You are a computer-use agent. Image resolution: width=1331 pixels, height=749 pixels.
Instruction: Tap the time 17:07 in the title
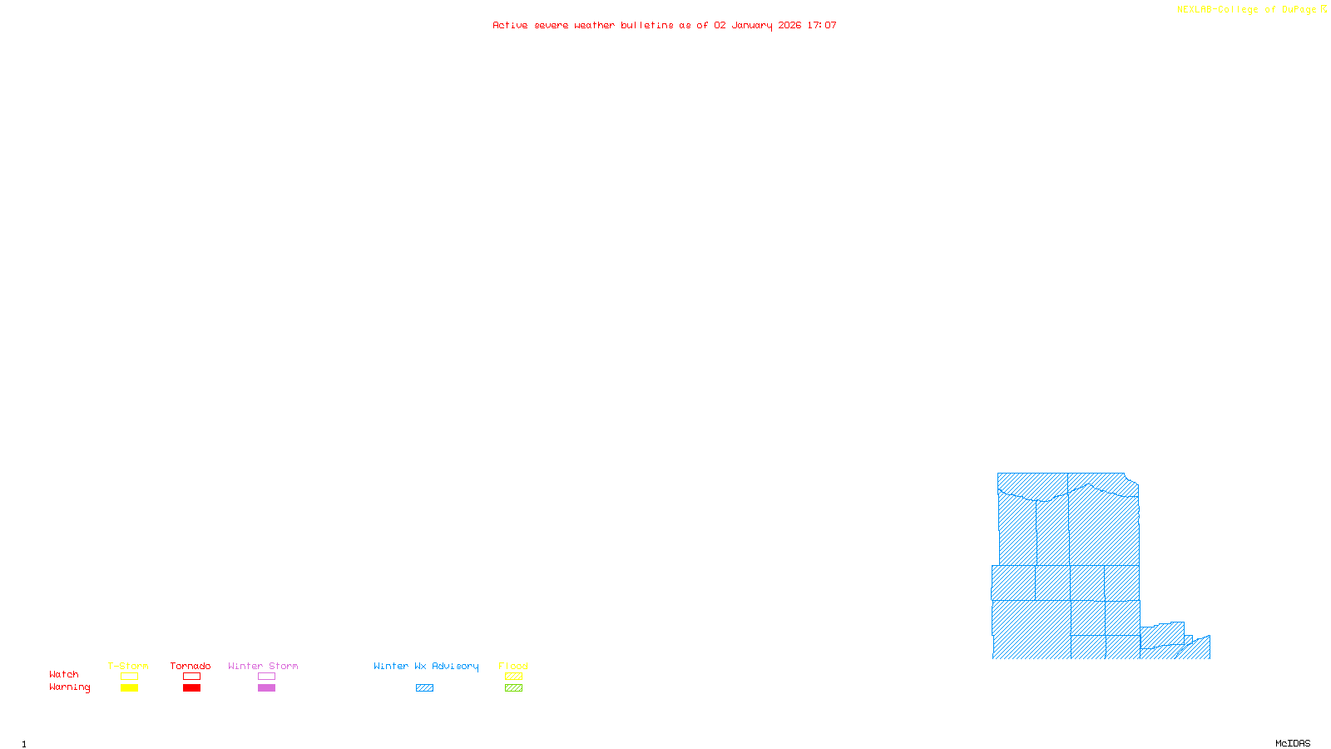click(x=822, y=25)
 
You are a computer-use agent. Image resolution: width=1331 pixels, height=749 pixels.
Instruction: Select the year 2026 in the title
click(x=789, y=25)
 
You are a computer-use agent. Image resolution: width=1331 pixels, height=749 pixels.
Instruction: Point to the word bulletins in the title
click(x=646, y=25)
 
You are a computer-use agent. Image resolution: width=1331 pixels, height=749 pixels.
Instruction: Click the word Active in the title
click(x=510, y=25)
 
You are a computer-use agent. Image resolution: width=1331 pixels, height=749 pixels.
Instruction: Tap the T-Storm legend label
click(x=128, y=666)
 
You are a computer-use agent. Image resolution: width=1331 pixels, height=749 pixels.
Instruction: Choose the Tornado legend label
click(x=190, y=666)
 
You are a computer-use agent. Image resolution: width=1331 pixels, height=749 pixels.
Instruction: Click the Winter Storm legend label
click(x=263, y=666)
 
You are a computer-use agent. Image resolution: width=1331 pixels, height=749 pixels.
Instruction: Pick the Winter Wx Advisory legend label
click(x=426, y=666)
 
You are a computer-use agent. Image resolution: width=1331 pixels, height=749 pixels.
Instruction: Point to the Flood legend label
click(x=513, y=666)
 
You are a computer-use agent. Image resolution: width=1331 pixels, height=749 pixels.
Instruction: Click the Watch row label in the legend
click(x=64, y=674)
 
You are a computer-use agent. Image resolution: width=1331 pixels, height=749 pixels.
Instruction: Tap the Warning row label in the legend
click(x=70, y=687)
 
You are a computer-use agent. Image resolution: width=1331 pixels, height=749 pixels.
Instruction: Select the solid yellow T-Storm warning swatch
click(x=129, y=688)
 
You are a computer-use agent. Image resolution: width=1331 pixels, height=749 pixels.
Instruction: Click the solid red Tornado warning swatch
click(x=191, y=688)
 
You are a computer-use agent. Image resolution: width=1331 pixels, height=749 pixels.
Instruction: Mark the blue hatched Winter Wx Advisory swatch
click(x=424, y=688)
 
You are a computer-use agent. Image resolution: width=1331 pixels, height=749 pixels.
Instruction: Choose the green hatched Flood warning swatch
click(x=513, y=688)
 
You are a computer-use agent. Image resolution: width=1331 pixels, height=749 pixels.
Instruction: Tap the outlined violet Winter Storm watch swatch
click(x=266, y=677)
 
